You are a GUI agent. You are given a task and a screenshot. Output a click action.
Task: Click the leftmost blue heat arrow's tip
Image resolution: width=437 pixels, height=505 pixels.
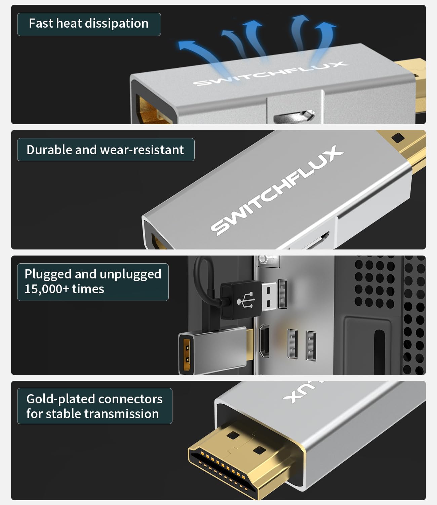pyautogui.click(x=183, y=44)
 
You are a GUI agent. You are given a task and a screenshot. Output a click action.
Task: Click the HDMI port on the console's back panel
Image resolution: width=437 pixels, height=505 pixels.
pyautogui.click(x=265, y=341)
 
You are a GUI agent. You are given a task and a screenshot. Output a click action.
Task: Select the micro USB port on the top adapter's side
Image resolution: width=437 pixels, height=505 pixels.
pyautogui.click(x=294, y=116)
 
